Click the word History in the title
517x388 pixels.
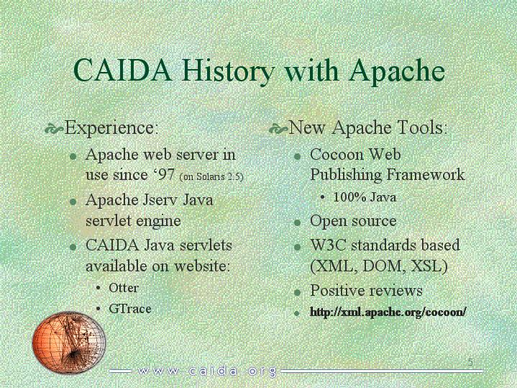click(x=227, y=71)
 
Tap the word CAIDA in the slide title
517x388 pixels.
click(x=123, y=70)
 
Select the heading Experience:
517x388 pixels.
click(x=111, y=128)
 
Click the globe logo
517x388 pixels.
click(x=68, y=342)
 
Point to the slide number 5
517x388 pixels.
click(x=470, y=362)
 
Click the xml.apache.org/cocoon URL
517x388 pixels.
click(x=388, y=312)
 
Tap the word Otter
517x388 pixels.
click(x=123, y=288)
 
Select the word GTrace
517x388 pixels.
click(x=130, y=309)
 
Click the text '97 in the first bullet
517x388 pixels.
click(x=165, y=174)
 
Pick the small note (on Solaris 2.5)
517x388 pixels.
click(x=211, y=176)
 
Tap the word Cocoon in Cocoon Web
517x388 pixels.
click(x=337, y=154)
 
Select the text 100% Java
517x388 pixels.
click(x=365, y=197)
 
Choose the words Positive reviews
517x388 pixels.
click(x=366, y=291)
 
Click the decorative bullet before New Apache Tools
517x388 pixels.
click(x=278, y=129)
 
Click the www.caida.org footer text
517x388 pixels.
click(x=207, y=371)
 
